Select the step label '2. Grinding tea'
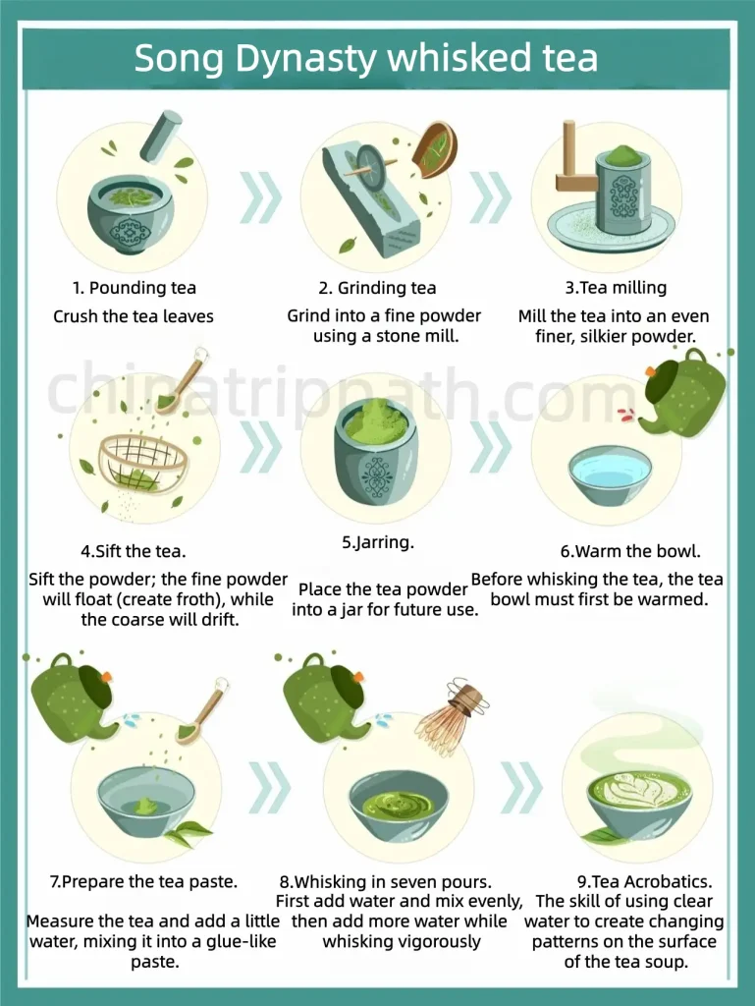coord(377,288)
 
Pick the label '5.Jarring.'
coord(377,542)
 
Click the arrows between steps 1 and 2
coord(261,197)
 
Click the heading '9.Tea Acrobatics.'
coord(644,881)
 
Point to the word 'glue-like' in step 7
coord(235,941)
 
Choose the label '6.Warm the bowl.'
coord(630,551)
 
